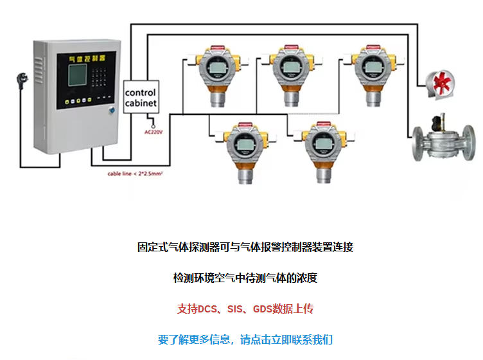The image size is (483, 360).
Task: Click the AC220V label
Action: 153,132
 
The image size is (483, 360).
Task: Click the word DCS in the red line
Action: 206,309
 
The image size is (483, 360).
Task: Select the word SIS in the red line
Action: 236,309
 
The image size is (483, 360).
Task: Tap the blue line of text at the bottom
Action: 245,339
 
